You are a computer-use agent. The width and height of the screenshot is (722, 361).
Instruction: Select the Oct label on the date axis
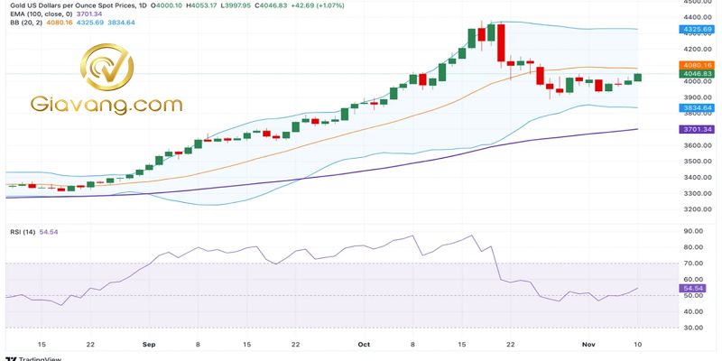364,344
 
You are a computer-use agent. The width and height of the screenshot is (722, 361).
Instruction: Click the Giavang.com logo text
107,105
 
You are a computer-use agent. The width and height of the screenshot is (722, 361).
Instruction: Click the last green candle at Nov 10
638,77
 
